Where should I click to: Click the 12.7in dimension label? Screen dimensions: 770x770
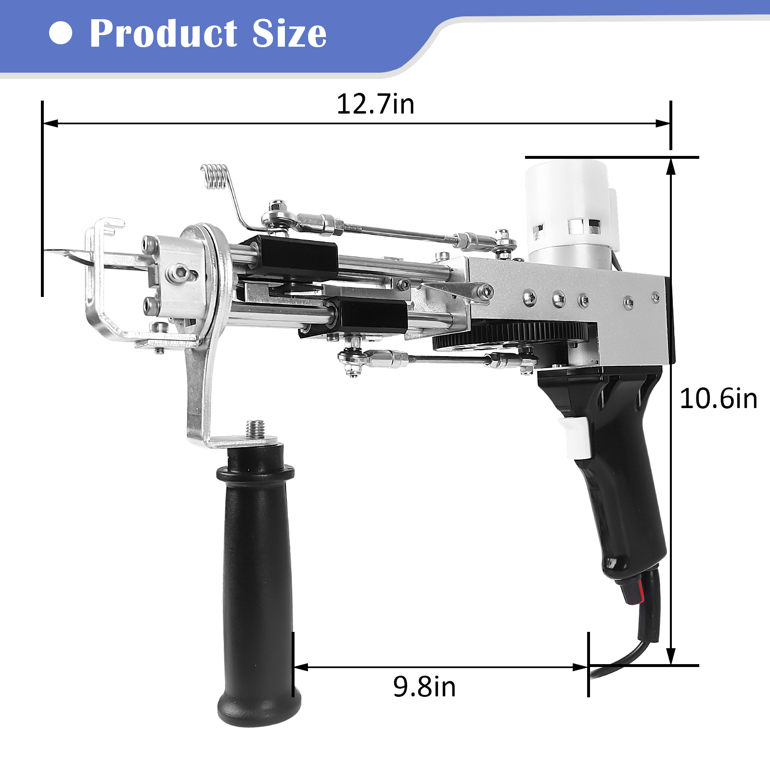pos(375,104)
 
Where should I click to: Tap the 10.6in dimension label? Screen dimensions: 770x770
pos(719,398)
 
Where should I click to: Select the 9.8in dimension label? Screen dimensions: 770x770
pos(424,686)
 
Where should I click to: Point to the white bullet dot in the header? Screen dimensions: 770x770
pos(61,33)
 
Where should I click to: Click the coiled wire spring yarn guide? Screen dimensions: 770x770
pos(214,176)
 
